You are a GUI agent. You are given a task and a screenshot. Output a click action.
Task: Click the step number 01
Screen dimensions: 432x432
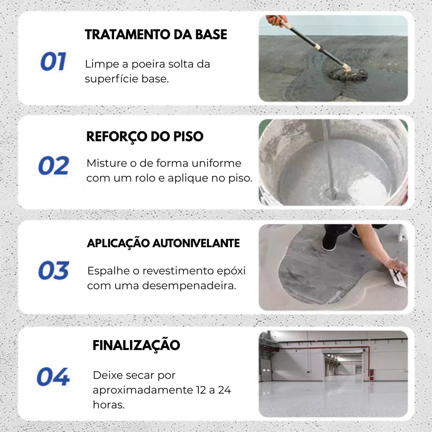53,62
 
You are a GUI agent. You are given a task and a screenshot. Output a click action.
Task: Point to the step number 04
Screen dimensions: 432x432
53,377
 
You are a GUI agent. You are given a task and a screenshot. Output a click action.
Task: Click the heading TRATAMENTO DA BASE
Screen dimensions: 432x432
156,35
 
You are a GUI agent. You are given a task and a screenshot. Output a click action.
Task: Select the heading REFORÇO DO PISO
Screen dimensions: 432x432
145,137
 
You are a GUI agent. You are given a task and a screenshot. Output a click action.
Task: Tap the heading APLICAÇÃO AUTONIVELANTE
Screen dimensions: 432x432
163,243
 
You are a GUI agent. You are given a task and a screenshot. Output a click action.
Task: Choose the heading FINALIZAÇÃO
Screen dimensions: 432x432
136,345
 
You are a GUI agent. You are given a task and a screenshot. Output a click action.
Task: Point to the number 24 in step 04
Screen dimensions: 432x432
224,390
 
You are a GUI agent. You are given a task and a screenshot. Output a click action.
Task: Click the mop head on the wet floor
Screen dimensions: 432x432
348,74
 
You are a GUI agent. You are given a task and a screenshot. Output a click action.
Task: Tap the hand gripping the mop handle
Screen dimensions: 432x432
277,20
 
